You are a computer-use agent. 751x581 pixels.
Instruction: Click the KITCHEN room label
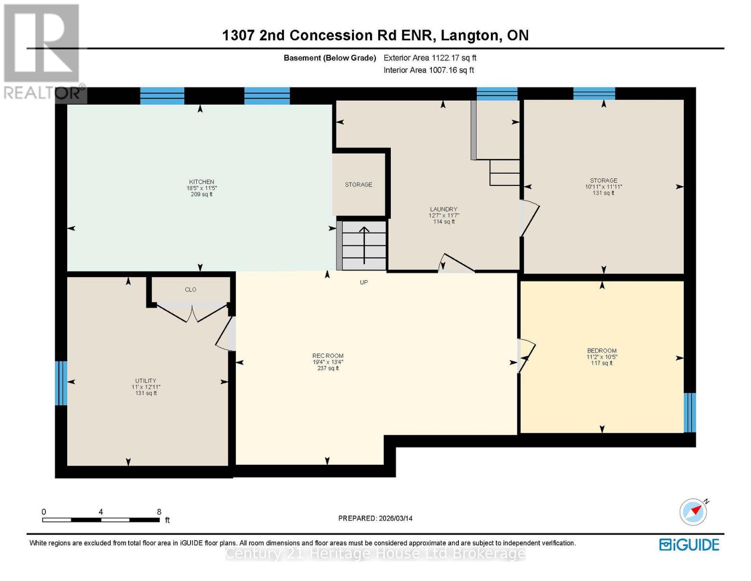[x=202, y=183]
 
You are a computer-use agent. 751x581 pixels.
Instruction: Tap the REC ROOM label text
[x=328, y=356]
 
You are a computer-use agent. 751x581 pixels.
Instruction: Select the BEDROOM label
[x=602, y=351]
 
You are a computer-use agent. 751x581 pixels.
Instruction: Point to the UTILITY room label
[x=146, y=381]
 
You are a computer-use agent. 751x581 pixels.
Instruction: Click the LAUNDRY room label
[x=443, y=210]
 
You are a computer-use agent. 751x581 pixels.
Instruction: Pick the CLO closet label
[x=191, y=290]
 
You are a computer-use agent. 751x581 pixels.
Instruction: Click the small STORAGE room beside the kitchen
[x=359, y=184]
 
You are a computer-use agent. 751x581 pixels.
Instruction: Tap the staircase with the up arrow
[x=364, y=245]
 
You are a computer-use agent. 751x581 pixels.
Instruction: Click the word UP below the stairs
[x=364, y=282]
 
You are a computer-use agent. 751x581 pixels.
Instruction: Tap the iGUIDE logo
[x=689, y=545]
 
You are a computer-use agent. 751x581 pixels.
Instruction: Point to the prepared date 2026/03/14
[x=375, y=519]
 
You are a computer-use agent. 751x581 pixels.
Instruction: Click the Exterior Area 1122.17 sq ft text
[x=430, y=58]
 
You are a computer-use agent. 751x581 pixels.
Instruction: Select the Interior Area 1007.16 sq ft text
[x=428, y=70]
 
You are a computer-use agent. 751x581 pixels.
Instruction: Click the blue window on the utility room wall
[x=61, y=383]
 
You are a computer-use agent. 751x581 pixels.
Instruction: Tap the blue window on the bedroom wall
[x=690, y=413]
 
